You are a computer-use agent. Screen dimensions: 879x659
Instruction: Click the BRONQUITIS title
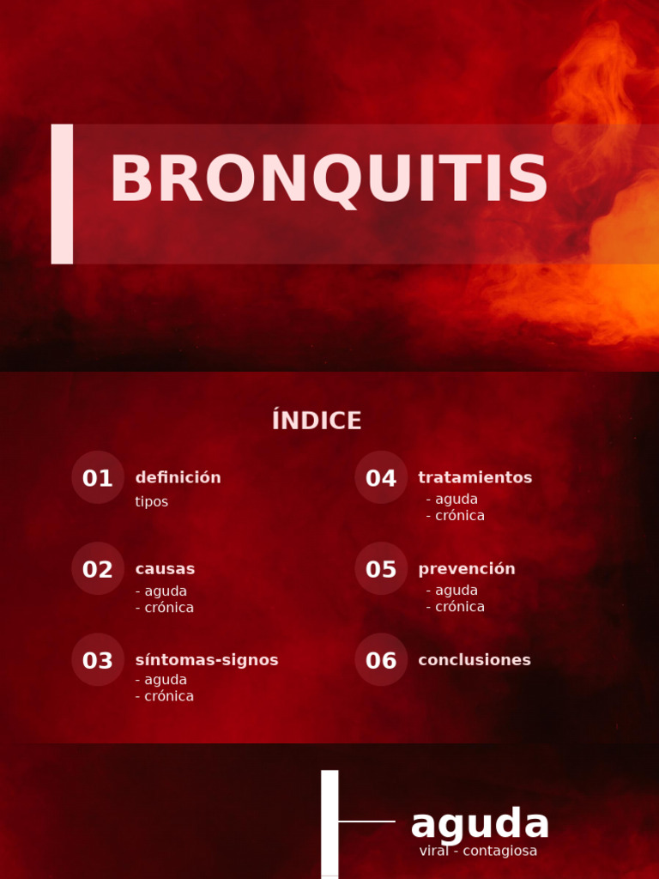pyautogui.click(x=329, y=180)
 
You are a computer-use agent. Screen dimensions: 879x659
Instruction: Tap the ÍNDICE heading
pyautogui.click(x=317, y=421)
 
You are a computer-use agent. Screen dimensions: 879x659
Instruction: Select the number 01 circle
pyautogui.click(x=98, y=478)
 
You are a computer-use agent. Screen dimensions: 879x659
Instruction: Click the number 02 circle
pyautogui.click(x=98, y=569)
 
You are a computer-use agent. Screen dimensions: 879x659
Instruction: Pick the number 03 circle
pyautogui.click(x=98, y=660)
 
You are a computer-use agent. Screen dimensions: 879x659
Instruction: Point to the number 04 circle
pyautogui.click(x=381, y=478)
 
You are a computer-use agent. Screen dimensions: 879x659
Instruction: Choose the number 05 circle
pyautogui.click(x=381, y=569)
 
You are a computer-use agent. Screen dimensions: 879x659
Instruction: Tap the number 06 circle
pyautogui.click(x=381, y=660)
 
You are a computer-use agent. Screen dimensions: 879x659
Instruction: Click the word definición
pyautogui.click(x=178, y=477)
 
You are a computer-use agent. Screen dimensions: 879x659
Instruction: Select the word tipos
pyautogui.click(x=151, y=501)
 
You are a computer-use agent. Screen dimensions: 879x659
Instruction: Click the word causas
pyautogui.click(x=165, y=568)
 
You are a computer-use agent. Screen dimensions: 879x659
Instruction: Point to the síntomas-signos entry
pyautogui.click(x=207, y=659)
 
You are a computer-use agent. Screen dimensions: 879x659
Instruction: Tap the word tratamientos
pyautogui.click(x=475, y=477)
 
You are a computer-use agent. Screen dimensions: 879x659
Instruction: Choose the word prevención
pyautogui.click(x=466, y=568)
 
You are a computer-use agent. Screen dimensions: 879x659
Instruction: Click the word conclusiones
pyautogui.click(x=474, y=659)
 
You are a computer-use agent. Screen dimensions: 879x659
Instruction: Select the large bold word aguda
pyautogui.click(x=480, y=824)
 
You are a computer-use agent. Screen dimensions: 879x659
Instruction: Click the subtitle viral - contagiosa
pyautogui.click(x=478, y=851)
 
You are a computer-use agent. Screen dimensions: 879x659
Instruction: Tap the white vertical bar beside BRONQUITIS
pyautogui.click(x=62, y=194)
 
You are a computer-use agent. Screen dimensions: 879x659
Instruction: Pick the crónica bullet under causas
pyautogui.click(x=165, y=608)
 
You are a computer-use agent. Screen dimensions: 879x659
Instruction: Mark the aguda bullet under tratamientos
pyautogui.click(x=452, y=499)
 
